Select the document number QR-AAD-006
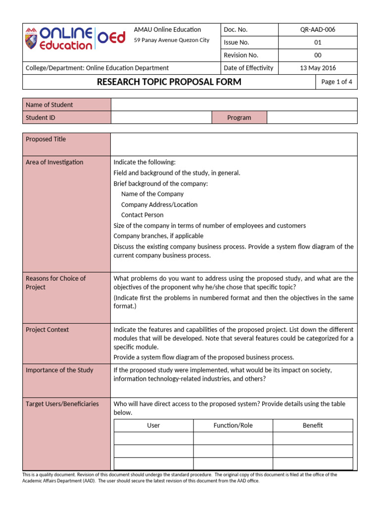[x=318, y=30]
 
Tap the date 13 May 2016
[x=318, y=68]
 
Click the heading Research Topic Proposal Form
[x=169, y=82]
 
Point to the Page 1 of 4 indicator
[x=336, y=82]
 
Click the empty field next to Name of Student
[x=234, y=104]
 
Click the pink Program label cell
[x=239, y=118]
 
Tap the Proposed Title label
[x=46, y=139]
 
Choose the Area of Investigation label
[x=54, y=162]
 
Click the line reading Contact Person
[x=142, y=215]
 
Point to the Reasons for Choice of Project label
[x=55, y=283]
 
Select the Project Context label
[x=47, y=330]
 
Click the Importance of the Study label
[x=59, y=370]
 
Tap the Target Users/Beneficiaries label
[x=62, y=404]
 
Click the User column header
[x=153, y=425]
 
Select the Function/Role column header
[x=233, y=425]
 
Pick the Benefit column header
[x=313, y=425]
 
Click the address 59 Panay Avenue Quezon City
[x=172, y=40]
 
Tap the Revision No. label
[x=241, y=55]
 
